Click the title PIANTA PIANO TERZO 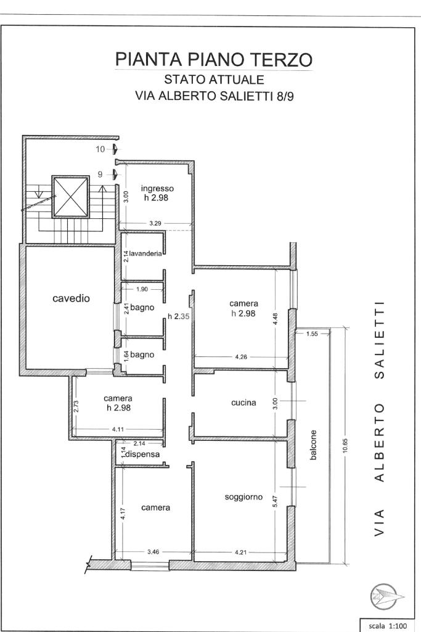[214, 59]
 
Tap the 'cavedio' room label [71, 298]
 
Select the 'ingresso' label [157, 188]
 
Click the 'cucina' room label [243, 402]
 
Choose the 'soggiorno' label [243, 497]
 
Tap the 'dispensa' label [143, 454]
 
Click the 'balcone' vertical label [313, 445]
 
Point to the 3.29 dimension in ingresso [155, 223]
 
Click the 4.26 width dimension [241, 357]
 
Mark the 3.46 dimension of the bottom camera [153, 552]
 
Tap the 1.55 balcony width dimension [313, 334]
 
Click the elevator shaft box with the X [70, 197]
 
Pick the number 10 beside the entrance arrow [100, 149]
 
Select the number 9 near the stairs [100, 174]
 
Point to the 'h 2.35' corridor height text [179, 316]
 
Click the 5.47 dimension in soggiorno [276, 502]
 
